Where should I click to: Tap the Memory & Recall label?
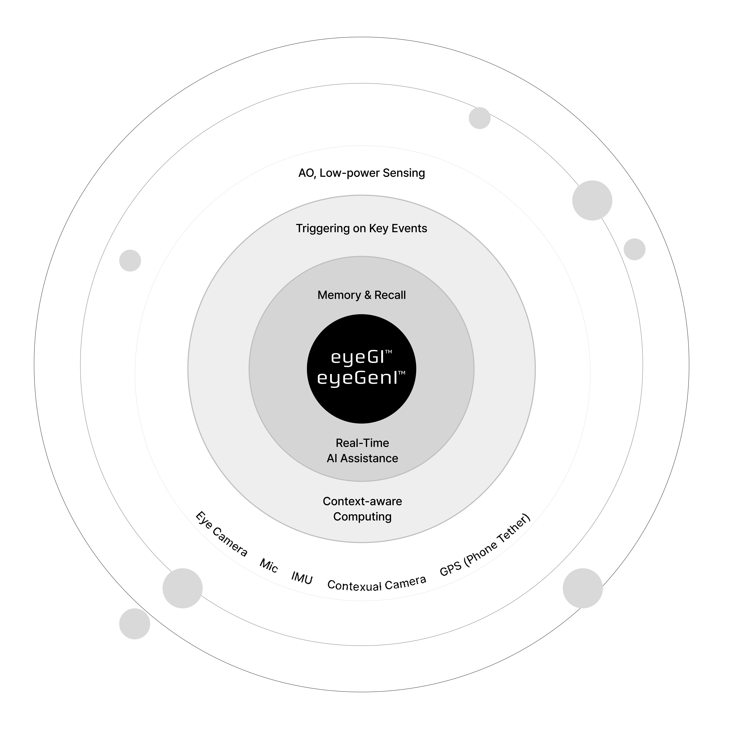361,295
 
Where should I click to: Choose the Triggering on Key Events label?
361,228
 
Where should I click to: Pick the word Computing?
362,517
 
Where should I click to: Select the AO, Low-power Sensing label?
361,173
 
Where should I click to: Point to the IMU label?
302,578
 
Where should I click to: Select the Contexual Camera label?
377,584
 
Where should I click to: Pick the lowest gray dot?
135,624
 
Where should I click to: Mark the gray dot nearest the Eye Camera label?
183,588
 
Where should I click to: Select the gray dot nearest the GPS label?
583,588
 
